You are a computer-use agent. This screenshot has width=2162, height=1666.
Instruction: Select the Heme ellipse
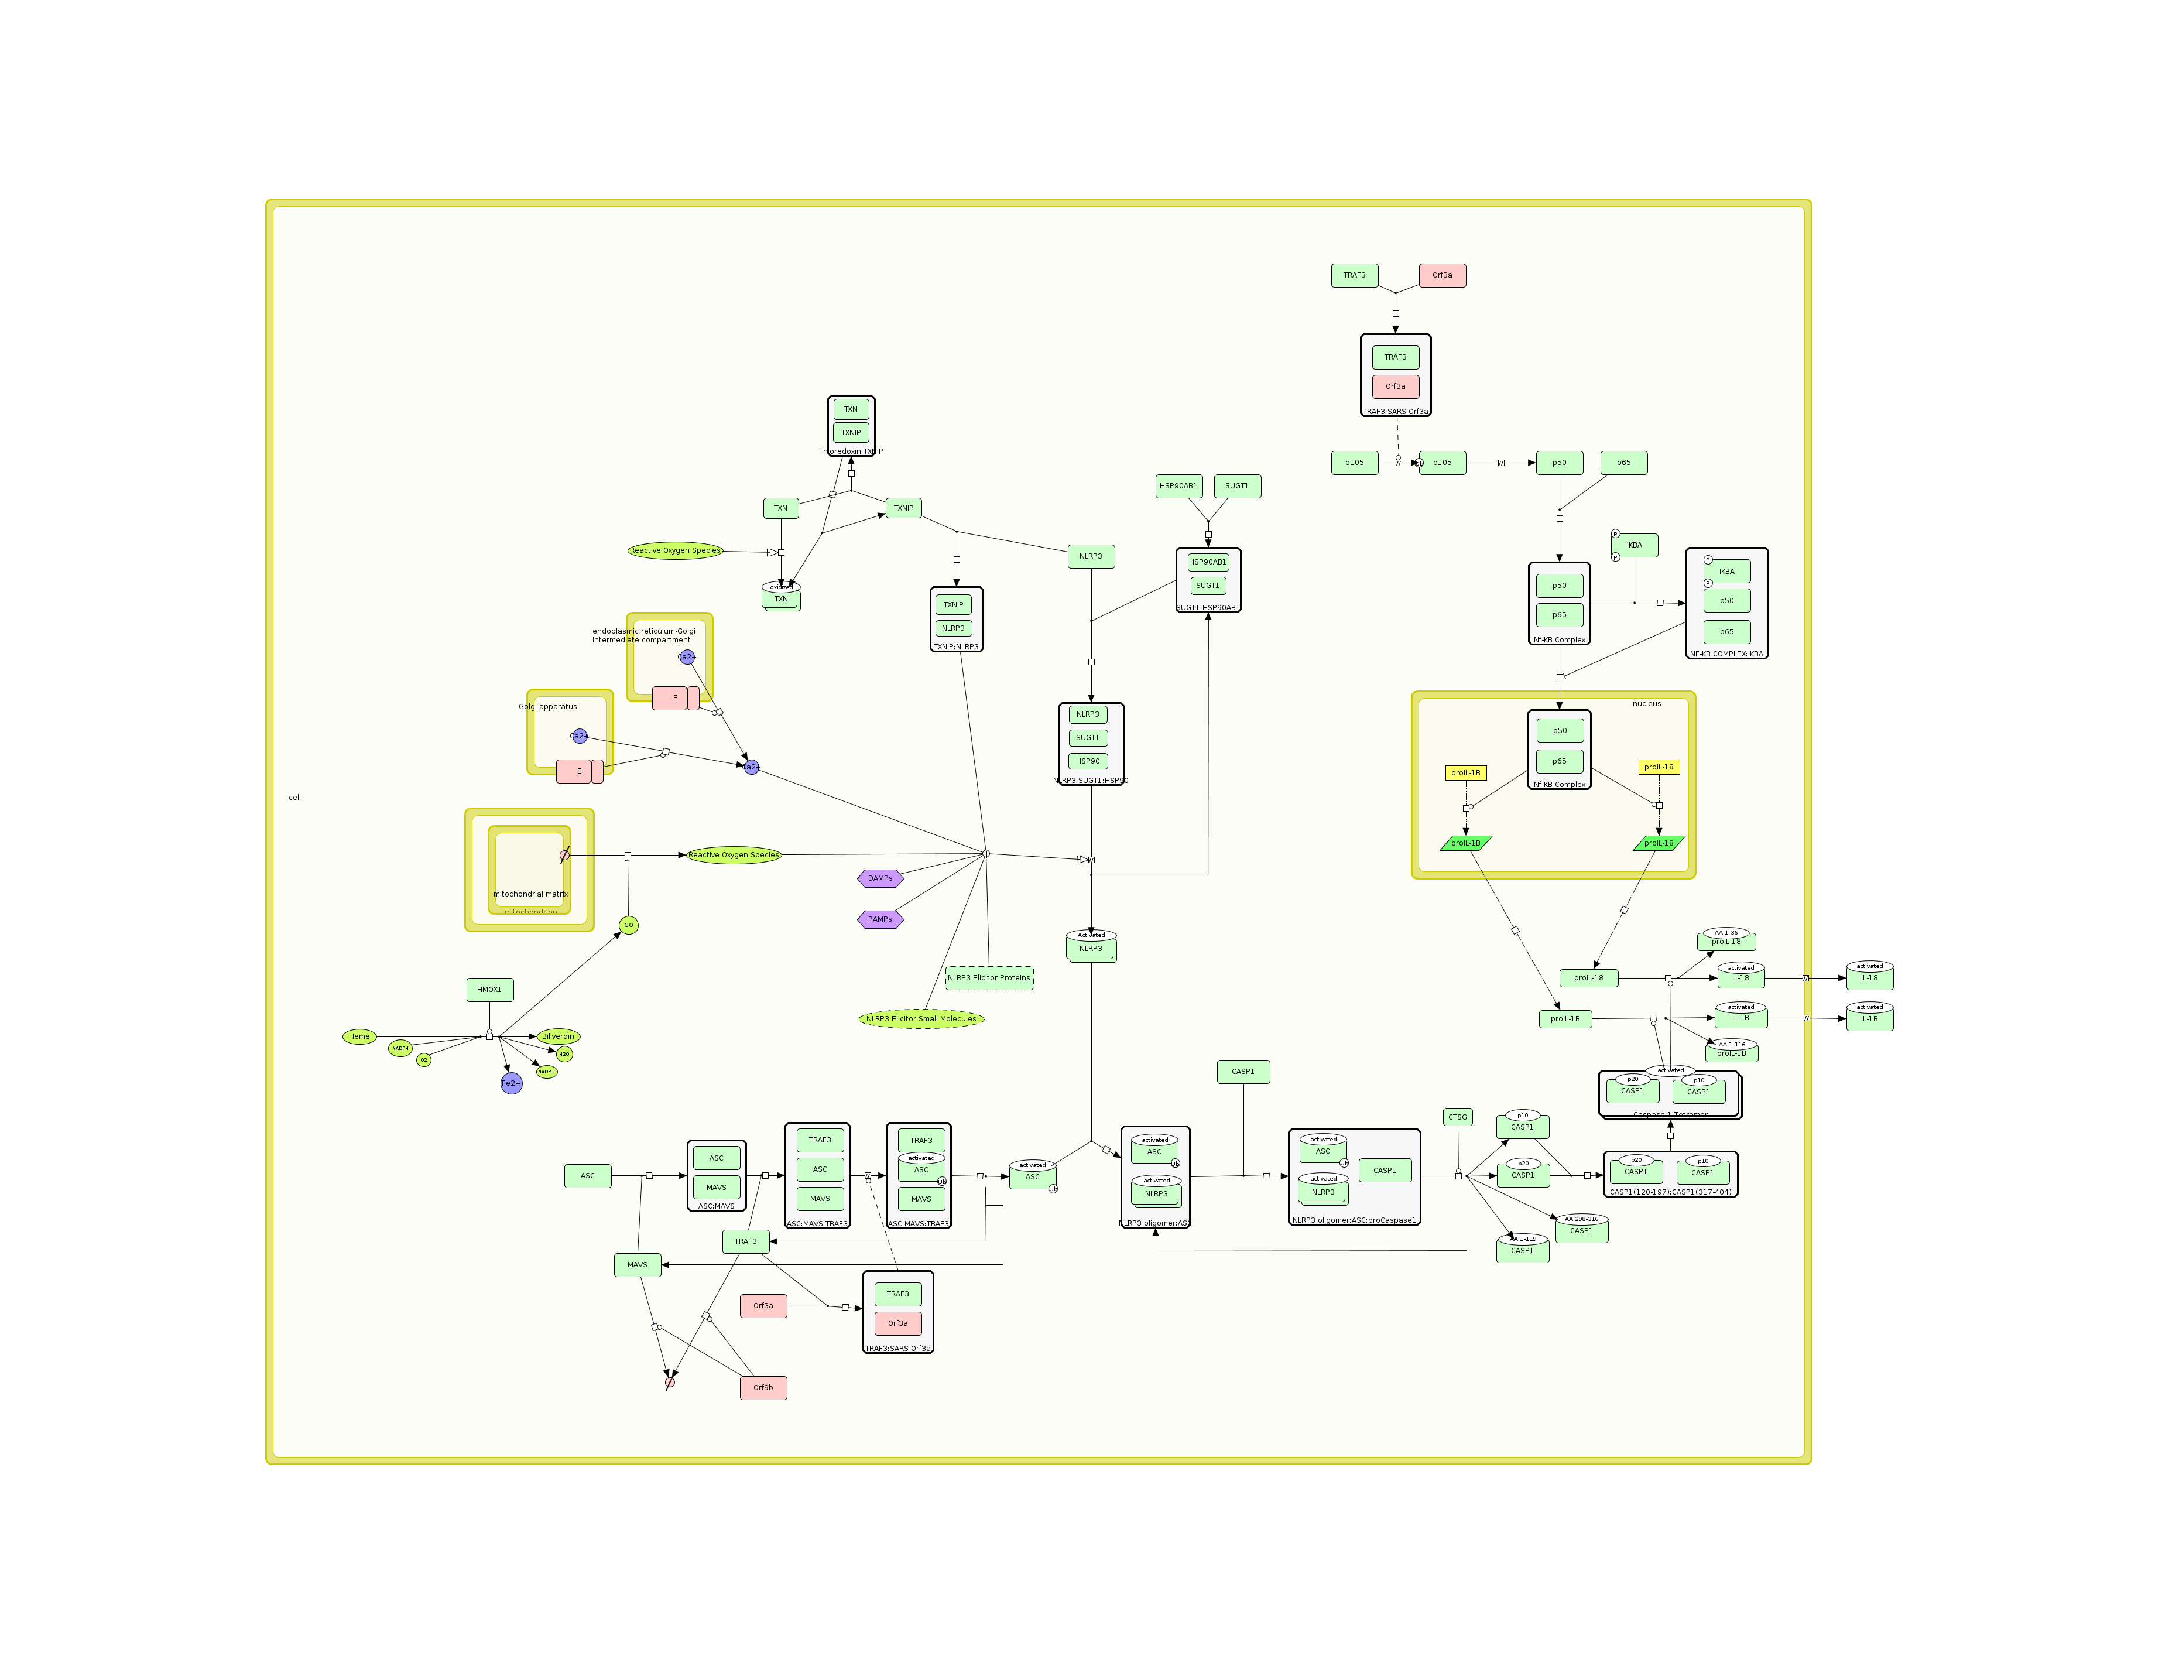click(359, 1036)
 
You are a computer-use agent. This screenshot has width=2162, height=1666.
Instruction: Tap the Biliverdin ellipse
click(559, 1036)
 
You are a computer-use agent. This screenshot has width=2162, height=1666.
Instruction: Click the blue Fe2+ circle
click(511, 1084)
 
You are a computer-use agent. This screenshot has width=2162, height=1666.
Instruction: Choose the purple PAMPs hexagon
click(880, 919)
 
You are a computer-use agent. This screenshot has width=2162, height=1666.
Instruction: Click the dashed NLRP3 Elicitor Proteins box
click(989, 978)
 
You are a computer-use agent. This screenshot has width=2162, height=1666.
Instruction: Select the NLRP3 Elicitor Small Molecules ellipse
click(921, 1018)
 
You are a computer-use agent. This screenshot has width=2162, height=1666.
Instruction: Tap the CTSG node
click(1457, 1117)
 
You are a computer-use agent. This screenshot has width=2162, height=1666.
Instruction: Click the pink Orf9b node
click(763, 1388)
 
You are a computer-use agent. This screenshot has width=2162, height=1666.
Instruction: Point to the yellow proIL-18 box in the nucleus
click(1659, 767)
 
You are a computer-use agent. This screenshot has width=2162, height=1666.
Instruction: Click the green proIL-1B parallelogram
click(1466, 843)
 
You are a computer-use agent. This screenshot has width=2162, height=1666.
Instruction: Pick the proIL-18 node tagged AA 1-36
click(1726, 942)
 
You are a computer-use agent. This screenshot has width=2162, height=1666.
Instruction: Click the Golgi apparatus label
click(547, 707)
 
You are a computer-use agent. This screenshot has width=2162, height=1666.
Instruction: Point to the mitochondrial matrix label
click(530, 894)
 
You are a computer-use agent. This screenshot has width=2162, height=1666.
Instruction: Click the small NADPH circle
click(400, 1048)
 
